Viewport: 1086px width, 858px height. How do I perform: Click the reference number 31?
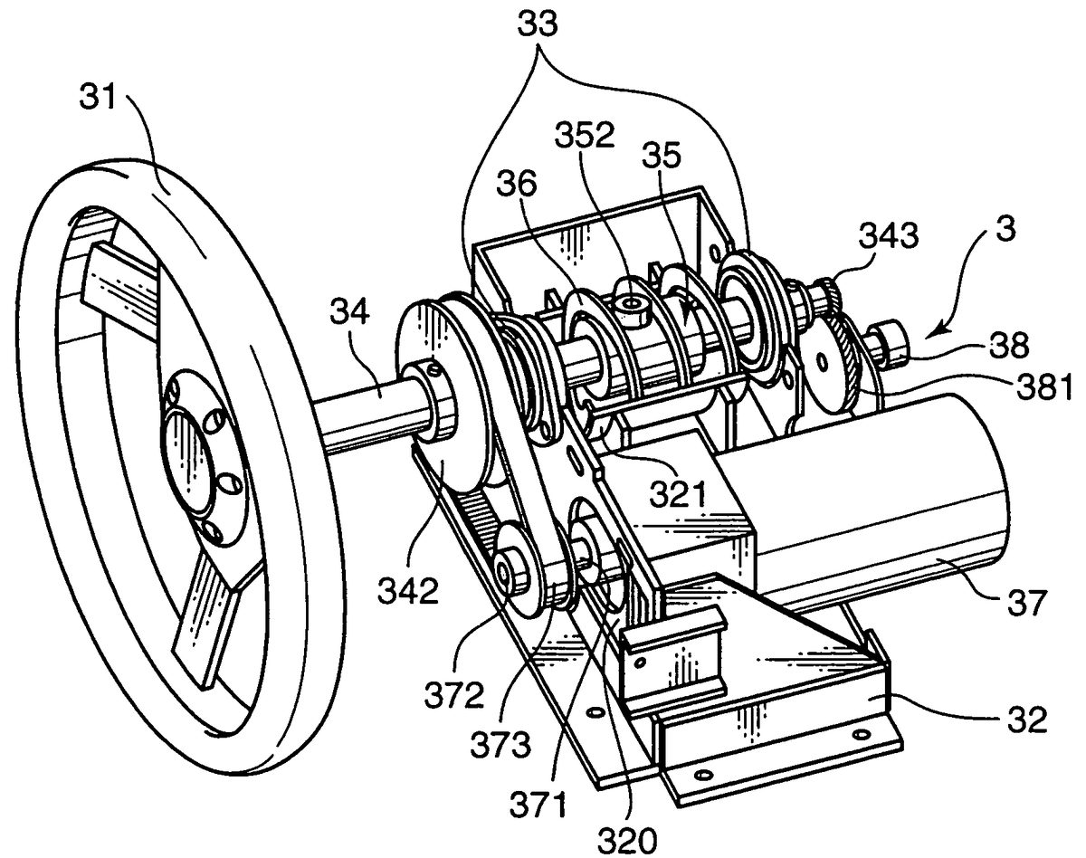pos(98,98)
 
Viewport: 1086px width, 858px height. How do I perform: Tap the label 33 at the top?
pos(538,24)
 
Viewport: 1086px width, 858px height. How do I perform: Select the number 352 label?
pos(585,135)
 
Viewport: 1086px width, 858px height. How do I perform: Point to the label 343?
pos(890,235)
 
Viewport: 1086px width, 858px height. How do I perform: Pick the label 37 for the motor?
pos(1026,602)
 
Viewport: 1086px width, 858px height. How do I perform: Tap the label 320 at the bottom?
pos(627,842)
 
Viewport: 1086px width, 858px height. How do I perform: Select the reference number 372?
pos(454,695)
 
